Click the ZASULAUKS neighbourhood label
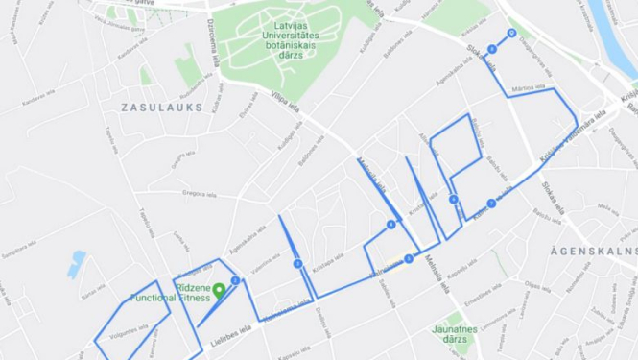(x=162, y=108)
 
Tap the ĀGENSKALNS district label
(x=594, y=250)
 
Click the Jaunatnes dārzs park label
(x=455, y=334)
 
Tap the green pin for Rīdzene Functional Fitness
(x=219, y=290)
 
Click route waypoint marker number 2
(x=298, y=263)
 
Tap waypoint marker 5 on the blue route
(x=453, y=200)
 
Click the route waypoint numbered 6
(x=491, y=204)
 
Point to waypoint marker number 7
(x=492, y=48)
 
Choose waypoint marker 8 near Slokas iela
(x=511, y=33)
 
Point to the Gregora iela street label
(x=200, y=193)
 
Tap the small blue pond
(x=76, y=263)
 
